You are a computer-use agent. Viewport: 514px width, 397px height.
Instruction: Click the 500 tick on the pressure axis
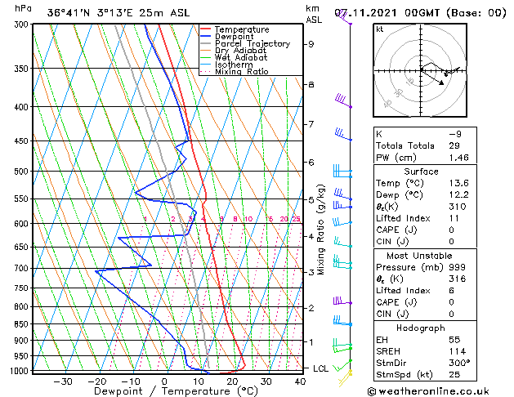(x=22, y=172)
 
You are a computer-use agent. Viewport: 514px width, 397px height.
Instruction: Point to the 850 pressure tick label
(x=22, y=324)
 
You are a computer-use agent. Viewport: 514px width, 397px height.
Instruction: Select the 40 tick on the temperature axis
(x=301, y=381)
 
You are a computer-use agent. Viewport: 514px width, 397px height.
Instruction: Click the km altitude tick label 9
(x=311, y=44)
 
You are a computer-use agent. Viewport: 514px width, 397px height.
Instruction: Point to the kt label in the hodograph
(x=379, y=29)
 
